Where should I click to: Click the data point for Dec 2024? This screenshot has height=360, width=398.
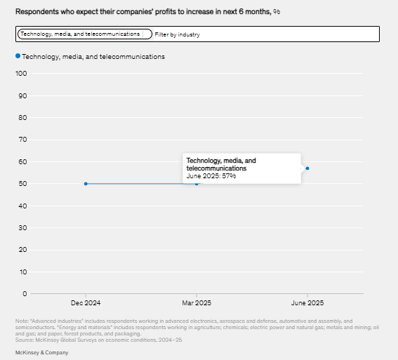tap(86, 184)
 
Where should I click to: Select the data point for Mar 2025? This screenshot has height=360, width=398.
tap(197, 184)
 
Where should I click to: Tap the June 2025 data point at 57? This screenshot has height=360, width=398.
tap(307, 168)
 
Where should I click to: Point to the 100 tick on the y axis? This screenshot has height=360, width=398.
tap(21, 74)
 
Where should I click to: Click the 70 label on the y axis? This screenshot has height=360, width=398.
tap(22, 140)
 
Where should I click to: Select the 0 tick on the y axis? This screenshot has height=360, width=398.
tap(25, 294)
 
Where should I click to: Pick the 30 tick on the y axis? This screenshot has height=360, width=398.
tap(22, 228)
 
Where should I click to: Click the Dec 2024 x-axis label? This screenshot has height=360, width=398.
tap(86, 303)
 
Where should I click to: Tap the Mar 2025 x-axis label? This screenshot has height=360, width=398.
tap(197, 303)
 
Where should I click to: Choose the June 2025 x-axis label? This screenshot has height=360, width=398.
tap(307, 303)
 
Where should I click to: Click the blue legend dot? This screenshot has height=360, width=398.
tap(18, 56)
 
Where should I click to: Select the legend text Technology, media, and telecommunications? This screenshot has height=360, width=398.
tap(93, 57)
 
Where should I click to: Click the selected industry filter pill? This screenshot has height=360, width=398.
tap(85, 34)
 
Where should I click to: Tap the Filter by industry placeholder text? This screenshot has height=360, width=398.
tap(177, 34)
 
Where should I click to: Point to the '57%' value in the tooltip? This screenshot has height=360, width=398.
tap(229, 176)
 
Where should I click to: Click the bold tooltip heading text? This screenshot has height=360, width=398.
tap(221, 164)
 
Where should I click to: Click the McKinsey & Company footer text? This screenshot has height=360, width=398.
tap(42, 353)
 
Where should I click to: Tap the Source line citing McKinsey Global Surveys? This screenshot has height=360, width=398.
tap(98, 340)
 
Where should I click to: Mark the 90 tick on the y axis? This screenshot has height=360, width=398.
tap(22, 96)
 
